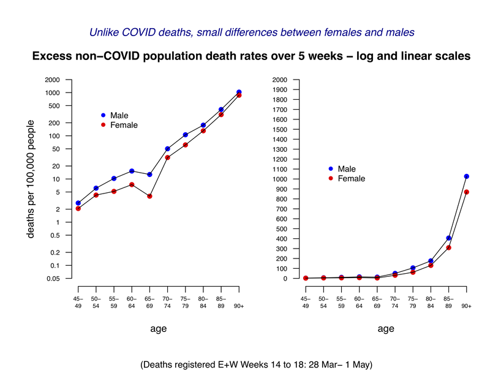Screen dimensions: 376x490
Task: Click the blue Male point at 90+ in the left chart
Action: coord(239,92)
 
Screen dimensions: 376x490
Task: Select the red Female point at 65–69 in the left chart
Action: coord(149,196)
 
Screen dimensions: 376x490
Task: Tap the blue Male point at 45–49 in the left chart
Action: coord(78,203)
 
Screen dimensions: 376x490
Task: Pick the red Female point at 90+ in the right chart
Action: coord(466,192)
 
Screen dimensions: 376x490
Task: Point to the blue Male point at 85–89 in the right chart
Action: coord(448,238)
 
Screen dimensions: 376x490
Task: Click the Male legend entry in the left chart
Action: coord(113,115)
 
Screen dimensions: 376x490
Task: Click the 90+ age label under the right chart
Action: coord(466,305)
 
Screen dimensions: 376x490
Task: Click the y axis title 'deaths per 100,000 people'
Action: coord(30,178)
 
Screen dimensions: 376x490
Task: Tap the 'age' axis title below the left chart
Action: coord(159,329)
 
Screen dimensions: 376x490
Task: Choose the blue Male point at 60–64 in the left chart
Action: coord(132,171)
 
